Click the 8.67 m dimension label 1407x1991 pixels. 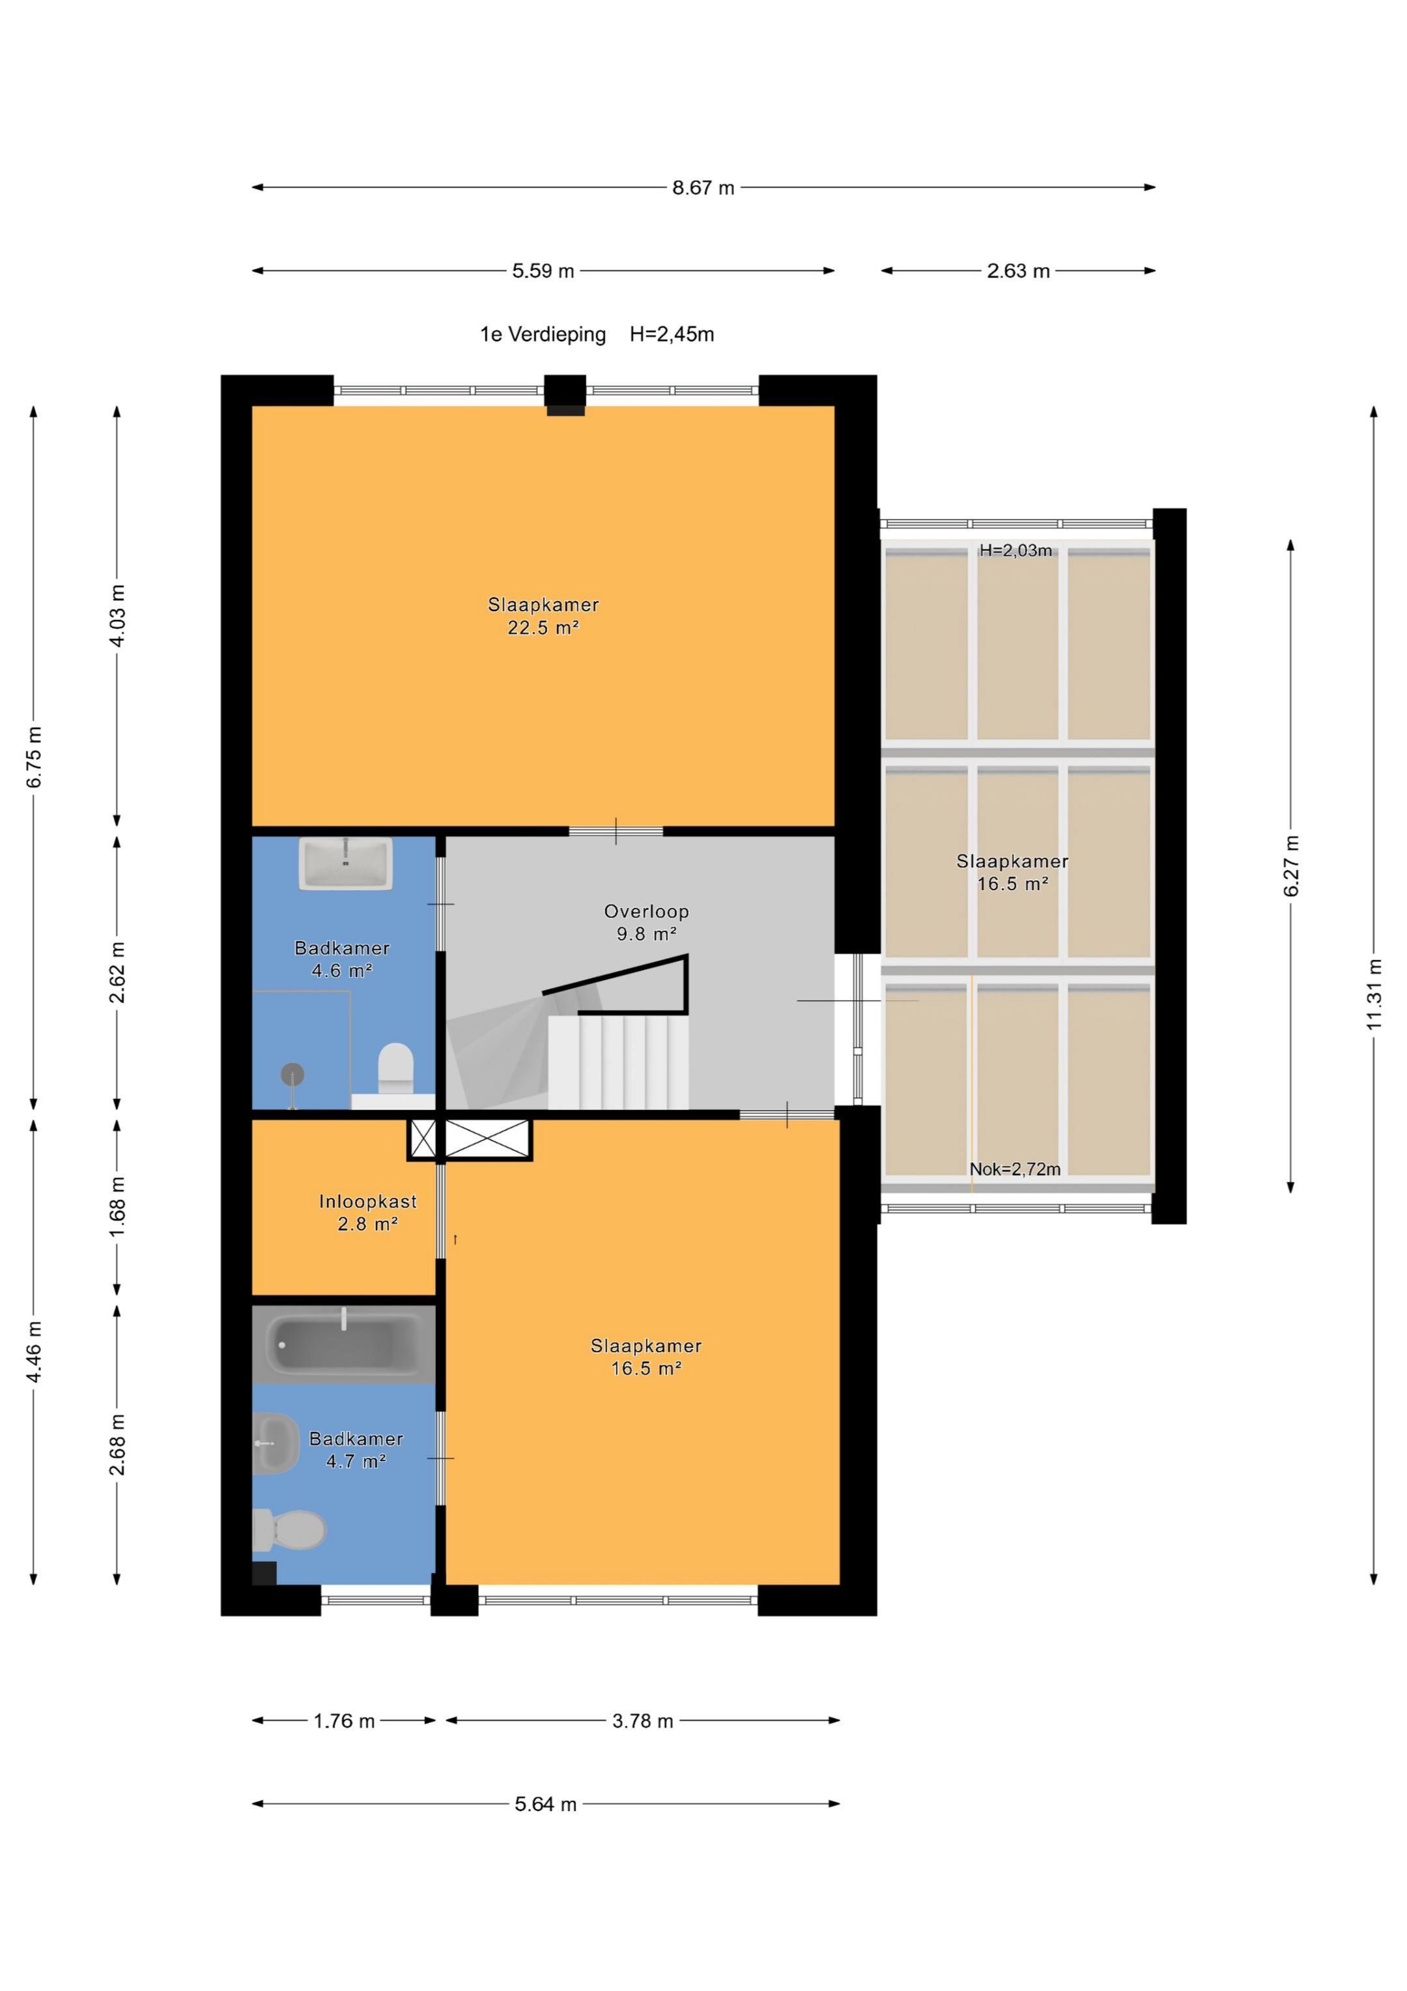click(703, 187)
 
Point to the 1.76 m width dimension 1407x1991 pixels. click(344, 1721)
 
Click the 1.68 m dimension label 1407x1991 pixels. click(117, 1208)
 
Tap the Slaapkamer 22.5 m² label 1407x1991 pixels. click(543, 617)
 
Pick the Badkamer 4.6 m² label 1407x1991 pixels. click(343, 959)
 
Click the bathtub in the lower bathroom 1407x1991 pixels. click(343, 1343)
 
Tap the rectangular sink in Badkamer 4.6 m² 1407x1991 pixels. click(346, 863)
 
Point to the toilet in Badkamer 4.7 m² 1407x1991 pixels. click(289, 1530)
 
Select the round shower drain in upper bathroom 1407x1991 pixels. click(292, 1075)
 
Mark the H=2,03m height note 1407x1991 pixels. click(1016, 550)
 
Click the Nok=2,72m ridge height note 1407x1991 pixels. click(1015, 1169)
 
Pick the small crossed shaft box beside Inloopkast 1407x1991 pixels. click(423, 1139)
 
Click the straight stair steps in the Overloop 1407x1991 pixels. click(618, 1062)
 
